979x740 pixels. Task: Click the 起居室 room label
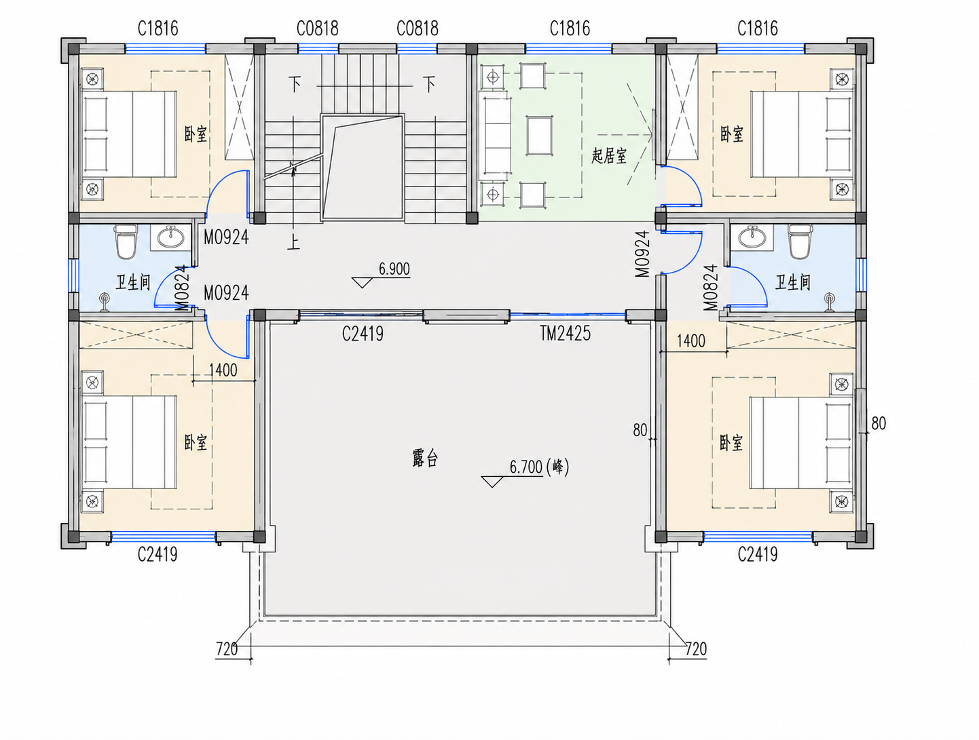[x=609, y=156]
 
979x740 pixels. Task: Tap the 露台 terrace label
[x=425, y=458]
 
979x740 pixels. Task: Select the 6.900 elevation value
[x=394, y=269]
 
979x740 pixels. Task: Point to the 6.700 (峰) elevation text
[x=540, y=467]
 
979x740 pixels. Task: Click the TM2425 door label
[x=565, y=333]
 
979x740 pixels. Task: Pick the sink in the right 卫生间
[x=753, y=236]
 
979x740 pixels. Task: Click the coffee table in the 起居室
[x=540, y=136]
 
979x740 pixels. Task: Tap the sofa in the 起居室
[x=494, y=136]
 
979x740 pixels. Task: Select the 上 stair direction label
[x=293, y=243]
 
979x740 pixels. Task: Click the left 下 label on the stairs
[x=295, y=83]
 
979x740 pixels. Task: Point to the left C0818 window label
[x=318, y=29]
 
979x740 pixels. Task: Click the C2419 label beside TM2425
[x=363, y=333]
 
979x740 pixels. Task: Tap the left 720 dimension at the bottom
[x=227, y=648]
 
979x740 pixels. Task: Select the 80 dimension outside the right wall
[x=879, y=423]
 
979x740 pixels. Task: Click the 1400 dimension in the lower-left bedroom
[x=223, y=370]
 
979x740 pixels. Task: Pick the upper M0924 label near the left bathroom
[x=226, y=237]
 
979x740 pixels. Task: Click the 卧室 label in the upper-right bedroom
[x=732, y=134]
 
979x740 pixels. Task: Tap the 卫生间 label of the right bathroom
[x=792, y=282]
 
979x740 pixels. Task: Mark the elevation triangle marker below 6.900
[x=362, y=282]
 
